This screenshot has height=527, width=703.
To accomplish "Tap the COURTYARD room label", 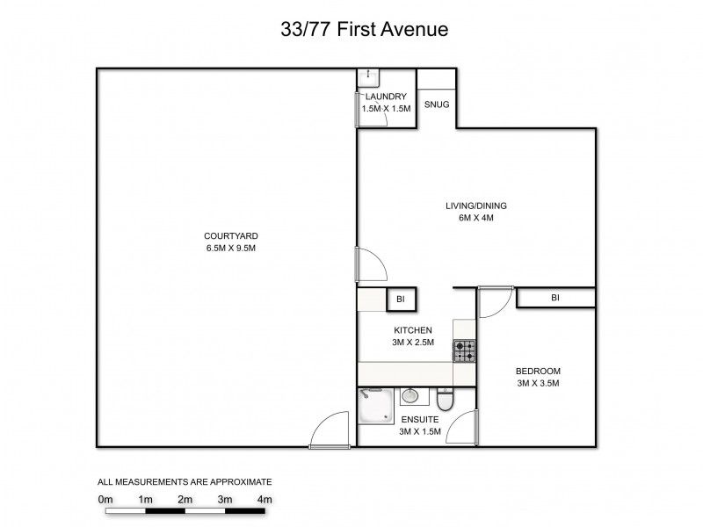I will point(230,235).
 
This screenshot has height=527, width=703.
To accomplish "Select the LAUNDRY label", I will point(386,97).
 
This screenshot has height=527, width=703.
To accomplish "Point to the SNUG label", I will point(437,105).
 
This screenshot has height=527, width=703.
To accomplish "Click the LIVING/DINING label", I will point(475,206).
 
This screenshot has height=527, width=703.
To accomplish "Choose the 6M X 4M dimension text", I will point(475,218).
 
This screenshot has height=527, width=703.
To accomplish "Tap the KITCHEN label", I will point(411,329).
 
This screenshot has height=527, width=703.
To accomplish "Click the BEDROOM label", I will point(538,371).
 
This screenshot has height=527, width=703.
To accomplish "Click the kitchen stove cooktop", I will point(464,351).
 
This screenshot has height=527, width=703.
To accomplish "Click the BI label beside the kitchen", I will point(401,300).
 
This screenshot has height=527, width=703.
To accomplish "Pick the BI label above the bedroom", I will point(554,299).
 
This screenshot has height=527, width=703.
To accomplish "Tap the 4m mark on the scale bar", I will point(265,499).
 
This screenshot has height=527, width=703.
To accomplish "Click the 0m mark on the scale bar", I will point(106,499).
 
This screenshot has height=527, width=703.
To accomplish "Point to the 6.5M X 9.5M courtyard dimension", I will point(230,249).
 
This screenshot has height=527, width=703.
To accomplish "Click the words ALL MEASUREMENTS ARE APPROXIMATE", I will point(185,481).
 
